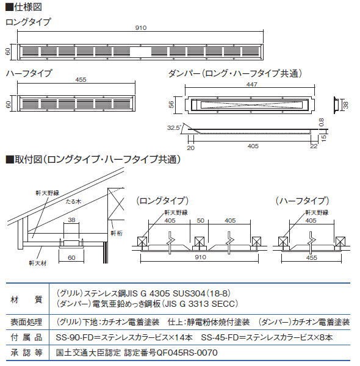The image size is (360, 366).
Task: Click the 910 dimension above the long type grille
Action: [x=141, y=28]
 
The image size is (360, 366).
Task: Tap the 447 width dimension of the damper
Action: [x=251, y=84]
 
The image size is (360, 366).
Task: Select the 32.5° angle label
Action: [x=174, y=127]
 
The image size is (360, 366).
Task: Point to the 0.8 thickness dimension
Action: [x=321, y=123]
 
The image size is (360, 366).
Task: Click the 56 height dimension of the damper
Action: [x=171, y=104]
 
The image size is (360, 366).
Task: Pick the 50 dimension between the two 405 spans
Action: [x=200, y=221]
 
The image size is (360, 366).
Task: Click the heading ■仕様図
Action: [x=24, y=7]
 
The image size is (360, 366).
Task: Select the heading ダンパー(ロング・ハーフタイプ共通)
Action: [x=235, y=74]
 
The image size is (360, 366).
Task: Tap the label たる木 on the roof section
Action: [x=73, y=201]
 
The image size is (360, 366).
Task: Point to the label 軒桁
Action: [x=117, y=233]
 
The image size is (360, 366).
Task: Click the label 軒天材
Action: [x=38, y=263]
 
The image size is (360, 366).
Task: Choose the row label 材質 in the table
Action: [x=26, y=300]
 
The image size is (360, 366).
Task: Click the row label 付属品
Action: [x=26, y=337]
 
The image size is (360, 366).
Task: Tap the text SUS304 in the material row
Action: [x=189, y=293]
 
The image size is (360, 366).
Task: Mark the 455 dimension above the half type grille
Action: [x=81, y=79]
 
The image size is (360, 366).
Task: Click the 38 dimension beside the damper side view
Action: [x=346, y=105]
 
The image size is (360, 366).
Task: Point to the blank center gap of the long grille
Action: [x=141, y=52]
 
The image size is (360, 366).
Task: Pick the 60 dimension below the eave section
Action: [x=71, y=257]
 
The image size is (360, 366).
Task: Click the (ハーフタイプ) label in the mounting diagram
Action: [x=302, y=201]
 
